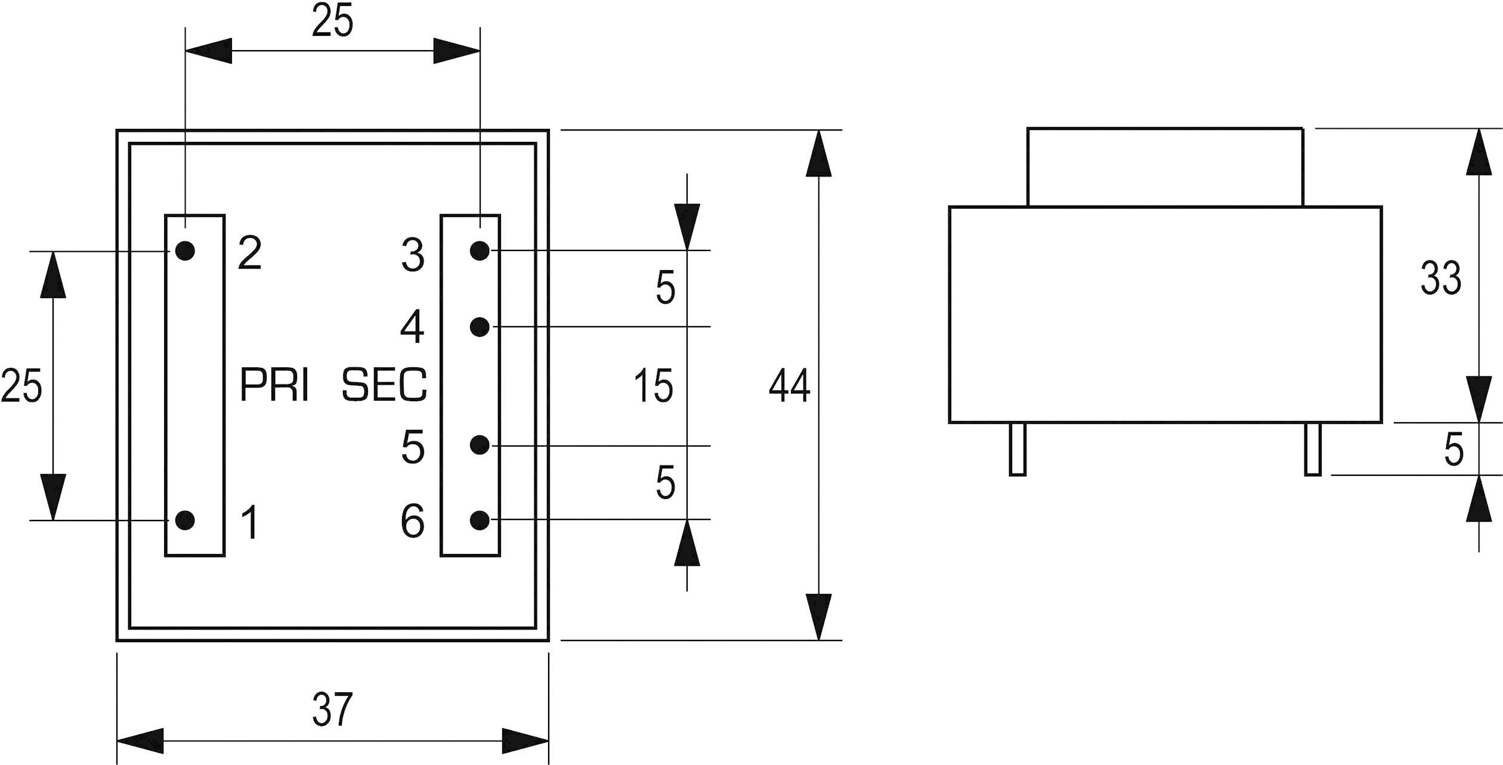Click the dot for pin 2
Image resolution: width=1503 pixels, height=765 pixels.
click(x=185, y=250)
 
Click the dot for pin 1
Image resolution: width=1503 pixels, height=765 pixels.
click(x=185, y=520)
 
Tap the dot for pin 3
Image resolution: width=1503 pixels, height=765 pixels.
click(x=480, y=250)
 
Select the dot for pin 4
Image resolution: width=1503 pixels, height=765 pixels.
click(x=480, y=327)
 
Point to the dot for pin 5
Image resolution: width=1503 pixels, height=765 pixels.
click(x=480, y=445)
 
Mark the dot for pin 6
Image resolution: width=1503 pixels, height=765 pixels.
click(x=480, y=520)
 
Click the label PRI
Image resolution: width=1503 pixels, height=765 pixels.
click(x=274, y=385)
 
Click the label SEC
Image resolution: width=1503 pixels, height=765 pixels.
click(x=384, y=385)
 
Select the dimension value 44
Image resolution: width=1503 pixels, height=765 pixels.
click(x=789, y=385)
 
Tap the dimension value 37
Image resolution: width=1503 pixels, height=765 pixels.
click(x=333, y=710)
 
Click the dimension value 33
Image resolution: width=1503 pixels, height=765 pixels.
click(x=1440, y=278)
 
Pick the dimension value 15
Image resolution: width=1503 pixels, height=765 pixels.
click(x=653, y=385)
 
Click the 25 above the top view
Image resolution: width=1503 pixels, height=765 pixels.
click(x=333, y=21)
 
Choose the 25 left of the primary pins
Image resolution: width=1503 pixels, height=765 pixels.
click(x=21, y=385)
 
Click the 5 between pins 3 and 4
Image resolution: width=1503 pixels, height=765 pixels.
click(x=665, y=288)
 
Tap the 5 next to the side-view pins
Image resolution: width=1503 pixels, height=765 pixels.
click(x=1453, y=450)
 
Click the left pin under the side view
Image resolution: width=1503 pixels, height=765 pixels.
click(x=1018, y=449)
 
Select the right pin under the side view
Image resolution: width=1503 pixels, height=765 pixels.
click(x=1313, y=449)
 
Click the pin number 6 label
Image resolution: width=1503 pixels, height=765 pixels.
click(x=413, y=521)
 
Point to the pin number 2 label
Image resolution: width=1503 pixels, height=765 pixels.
click(x=250, y=253)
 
